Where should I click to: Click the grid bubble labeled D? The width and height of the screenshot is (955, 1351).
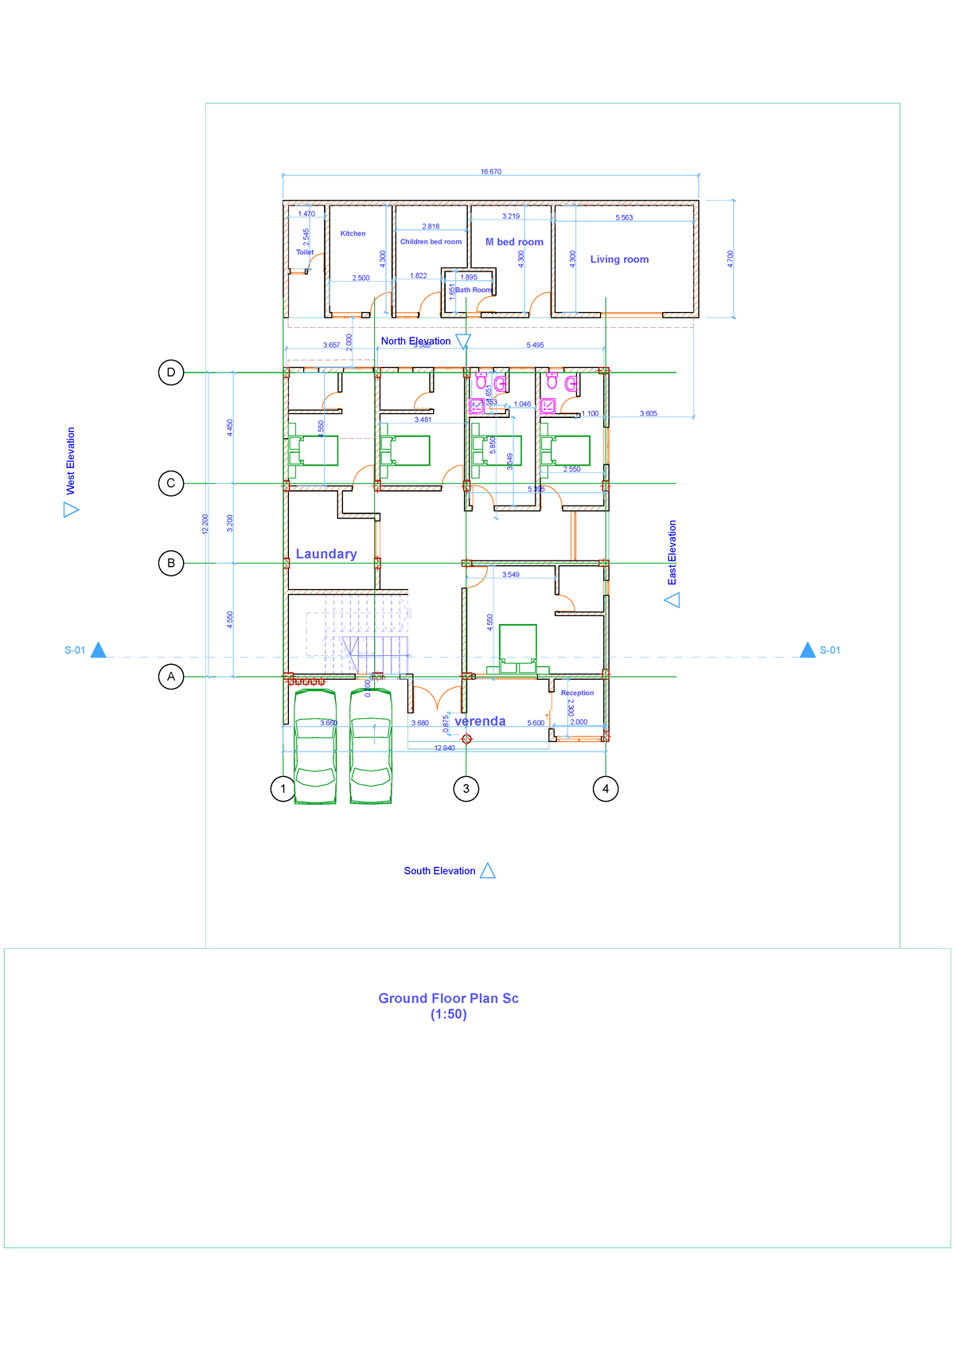coord(170,373)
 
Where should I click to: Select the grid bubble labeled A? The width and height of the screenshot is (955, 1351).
coord(170,677)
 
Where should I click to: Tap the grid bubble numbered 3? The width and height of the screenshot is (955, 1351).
coord(466,789)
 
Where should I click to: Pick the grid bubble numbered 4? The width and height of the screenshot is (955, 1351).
coord(606,789)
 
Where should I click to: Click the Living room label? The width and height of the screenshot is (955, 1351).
coord(619,260)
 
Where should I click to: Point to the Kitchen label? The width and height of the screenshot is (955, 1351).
coord(353,234)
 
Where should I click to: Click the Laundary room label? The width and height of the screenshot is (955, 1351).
coord(326,554)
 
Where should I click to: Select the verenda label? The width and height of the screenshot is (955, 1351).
coord(480,721)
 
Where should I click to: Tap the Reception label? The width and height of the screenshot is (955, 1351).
coord(577,693)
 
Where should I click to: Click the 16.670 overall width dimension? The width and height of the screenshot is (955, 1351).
coord(491,172)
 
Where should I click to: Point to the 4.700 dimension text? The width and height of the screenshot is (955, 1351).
coord(731,259)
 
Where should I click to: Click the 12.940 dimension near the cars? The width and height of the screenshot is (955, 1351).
coord(444,748)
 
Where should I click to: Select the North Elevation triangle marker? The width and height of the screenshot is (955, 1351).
coord(463,342)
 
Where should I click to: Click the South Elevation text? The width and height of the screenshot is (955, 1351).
coord(439,871)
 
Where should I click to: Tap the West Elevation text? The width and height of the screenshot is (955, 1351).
coord(71,461)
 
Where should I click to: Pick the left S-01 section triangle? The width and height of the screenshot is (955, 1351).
coord(98,650)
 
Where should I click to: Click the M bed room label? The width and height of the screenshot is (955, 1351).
coord(514,242)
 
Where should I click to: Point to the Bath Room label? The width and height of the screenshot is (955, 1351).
coord(473,290)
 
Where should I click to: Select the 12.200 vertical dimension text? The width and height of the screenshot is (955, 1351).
coord(205,524)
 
